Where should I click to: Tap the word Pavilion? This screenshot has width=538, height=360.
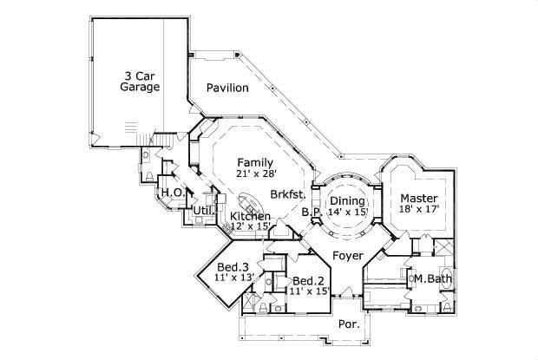(227, 88)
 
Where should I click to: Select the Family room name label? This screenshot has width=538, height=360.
(255, 162)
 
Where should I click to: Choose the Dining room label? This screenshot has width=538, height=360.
(347, 200)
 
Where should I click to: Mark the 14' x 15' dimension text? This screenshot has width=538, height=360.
(347, 212)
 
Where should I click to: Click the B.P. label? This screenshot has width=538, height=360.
(312, 212)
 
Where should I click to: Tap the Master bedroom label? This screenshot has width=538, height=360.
(418, 198)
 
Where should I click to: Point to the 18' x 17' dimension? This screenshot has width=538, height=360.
(418, 209)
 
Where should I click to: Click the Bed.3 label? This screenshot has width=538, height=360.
(233, 266)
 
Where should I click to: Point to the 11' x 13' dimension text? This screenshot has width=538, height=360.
(233, 278)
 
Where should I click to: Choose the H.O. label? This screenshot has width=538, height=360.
(170, 192)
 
